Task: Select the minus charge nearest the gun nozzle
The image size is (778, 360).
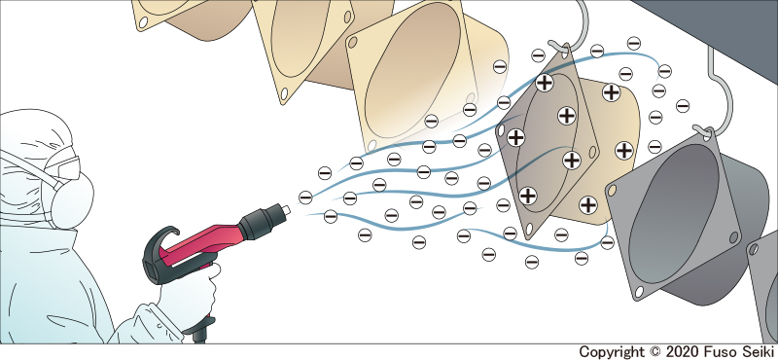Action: pos(305,198)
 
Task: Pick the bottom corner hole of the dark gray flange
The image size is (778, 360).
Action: pos(639,292)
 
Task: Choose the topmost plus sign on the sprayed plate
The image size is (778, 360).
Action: pos(545,83)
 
